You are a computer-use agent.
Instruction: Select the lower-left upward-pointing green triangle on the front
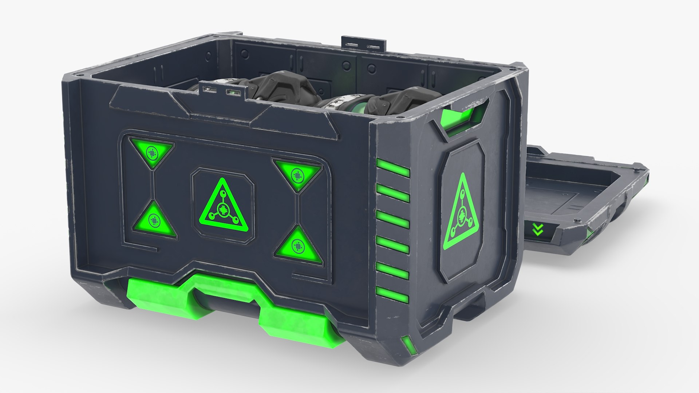click(155, 221)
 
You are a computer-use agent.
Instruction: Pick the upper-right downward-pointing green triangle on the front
click(298, 174)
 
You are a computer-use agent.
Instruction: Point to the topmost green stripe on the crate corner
click(393, 168)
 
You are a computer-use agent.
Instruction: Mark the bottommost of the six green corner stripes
click(393, 295)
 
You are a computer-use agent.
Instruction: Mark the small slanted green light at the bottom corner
click(407, 347)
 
